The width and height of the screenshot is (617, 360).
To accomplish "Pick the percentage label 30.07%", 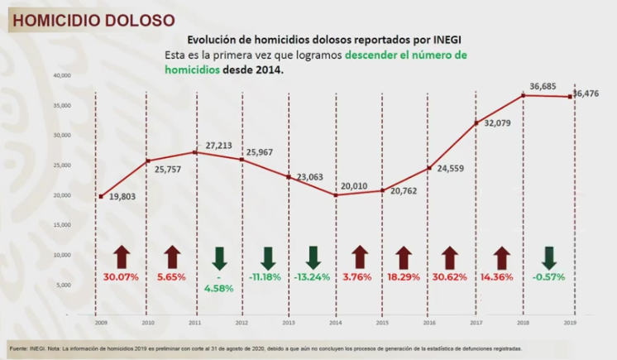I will click(122, 276).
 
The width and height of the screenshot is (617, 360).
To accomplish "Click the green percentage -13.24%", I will click(313, 276).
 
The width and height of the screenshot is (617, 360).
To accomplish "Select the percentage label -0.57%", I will click(548, 276).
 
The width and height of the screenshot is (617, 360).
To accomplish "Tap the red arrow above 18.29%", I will click(404, 257).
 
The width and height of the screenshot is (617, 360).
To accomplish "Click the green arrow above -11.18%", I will click(268, 257).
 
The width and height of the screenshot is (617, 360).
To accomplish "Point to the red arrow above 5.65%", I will click(172, 257).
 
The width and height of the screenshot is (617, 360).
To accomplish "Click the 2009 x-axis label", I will click(99, 322).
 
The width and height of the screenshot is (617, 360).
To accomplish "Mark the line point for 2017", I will click(476, 123).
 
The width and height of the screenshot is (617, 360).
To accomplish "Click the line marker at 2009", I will click(100, 197).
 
